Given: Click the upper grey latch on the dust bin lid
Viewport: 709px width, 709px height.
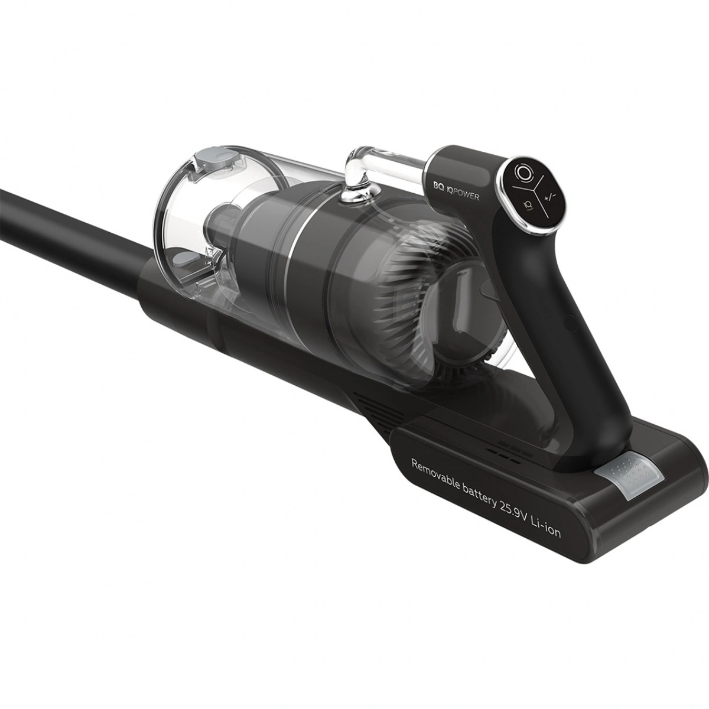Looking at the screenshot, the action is pyautogui.click(x=216, y=159).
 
